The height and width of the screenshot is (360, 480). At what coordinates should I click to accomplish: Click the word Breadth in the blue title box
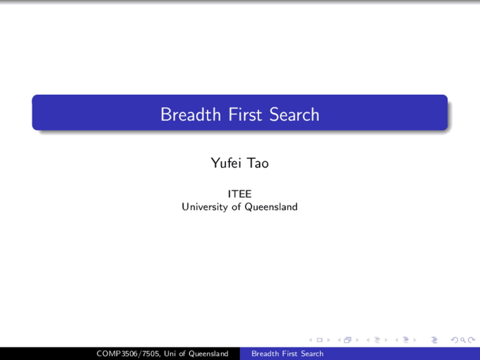(190, 114)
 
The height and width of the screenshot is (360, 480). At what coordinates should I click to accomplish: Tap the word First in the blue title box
(245, 114)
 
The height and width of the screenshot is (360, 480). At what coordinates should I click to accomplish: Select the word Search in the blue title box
(294, 114)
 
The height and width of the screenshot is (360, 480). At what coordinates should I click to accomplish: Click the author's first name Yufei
(226, 163)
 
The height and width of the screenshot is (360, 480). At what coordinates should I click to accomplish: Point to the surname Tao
(258, 163)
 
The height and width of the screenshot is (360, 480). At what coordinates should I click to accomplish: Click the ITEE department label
(240, 194)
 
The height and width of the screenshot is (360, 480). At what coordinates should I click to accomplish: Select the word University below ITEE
(205, 207)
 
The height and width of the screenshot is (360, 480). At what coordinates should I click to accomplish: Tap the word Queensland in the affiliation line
(271, 207)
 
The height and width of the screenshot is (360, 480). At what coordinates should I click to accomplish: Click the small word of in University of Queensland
(236, 207)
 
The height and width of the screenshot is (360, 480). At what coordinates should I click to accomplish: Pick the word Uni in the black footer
(169, 354)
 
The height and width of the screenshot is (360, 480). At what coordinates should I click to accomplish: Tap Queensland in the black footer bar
(208, 354)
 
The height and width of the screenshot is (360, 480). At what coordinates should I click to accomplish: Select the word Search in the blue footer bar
(312, 354)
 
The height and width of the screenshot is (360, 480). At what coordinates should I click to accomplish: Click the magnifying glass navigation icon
(463, 340)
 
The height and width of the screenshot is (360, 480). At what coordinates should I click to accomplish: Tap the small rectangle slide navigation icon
(319, 340)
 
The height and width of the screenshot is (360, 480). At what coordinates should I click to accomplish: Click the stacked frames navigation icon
(348, 340)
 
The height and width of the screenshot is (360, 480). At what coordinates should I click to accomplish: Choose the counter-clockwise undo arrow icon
(454, 340)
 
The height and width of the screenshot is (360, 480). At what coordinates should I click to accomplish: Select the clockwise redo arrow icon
(471, 340)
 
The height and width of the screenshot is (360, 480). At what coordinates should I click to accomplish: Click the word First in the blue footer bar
(289, 354)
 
